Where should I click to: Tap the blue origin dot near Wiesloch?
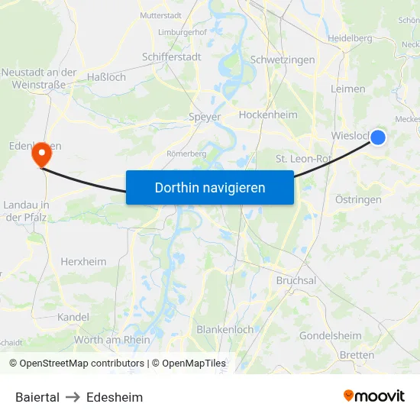[x=377, y=137]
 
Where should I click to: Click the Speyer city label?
[x=205, y=118]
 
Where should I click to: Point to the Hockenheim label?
[x=267, y=115]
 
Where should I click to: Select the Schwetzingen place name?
[x=282, y=60]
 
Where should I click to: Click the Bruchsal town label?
[x=296, y=280]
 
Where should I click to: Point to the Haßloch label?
[x=106, y=77]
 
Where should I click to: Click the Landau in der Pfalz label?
[x=27, y=211]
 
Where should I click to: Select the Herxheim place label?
[x=83, y=261]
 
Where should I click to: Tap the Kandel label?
[x=73, y=317]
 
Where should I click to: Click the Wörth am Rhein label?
[x=112, y=340]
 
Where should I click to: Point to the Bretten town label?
[x=357, y=355]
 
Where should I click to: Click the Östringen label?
[x=358, y=199]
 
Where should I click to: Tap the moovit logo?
[x=374, y=396]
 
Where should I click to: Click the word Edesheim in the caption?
[x=115, y=397]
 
